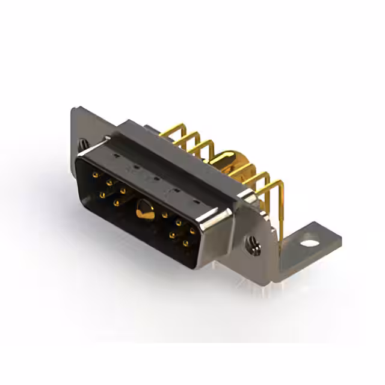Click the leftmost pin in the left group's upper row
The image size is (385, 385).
(96, 174)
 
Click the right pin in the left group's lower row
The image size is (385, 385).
(117, 202)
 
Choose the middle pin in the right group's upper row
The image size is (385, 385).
(179, 222)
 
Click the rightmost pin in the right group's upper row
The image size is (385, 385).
(192, 230)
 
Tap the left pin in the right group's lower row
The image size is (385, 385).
(173, 235)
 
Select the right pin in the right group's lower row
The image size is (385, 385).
(186, 242)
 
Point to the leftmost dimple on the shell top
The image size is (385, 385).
(136, 165)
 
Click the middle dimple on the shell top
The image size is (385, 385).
(156, 177)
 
